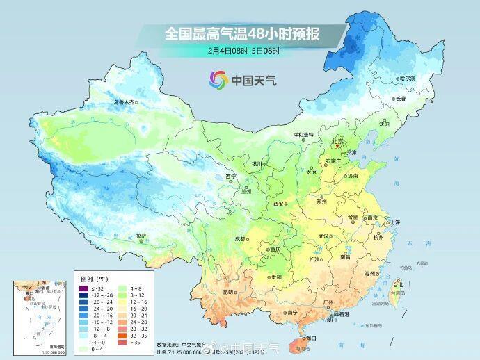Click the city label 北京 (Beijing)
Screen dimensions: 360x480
tap(339, 141)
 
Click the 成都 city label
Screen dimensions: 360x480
tap(240, 238)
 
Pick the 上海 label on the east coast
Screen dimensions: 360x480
tap(394, 222)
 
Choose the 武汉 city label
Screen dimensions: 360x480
tap(323, 236)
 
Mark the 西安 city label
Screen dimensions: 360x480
tap(279, 204)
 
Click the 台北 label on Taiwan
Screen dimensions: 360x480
tap(398, 284)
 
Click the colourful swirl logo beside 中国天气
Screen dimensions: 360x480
tap(219, 80)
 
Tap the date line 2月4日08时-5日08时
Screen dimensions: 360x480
tap(243, 51)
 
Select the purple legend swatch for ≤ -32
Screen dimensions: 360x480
tap(83, 288)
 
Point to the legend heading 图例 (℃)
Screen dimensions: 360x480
tap(94, 279)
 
